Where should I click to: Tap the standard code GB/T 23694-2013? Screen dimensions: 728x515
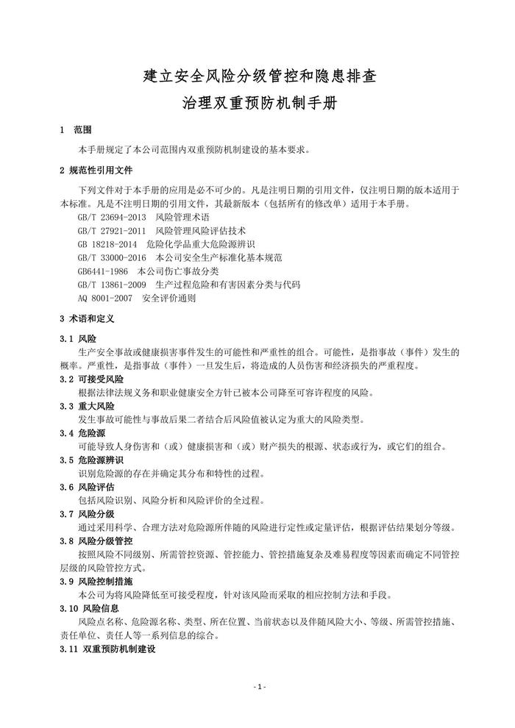pos(111,218)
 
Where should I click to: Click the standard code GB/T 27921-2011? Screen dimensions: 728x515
pos(111,230)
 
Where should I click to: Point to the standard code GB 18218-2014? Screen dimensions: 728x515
pos(107,243)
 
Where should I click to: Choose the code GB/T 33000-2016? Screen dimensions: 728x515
pos(111,257)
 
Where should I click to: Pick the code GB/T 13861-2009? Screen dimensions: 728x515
pos(111,283)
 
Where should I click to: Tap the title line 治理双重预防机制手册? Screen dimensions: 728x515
pos(257,103)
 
